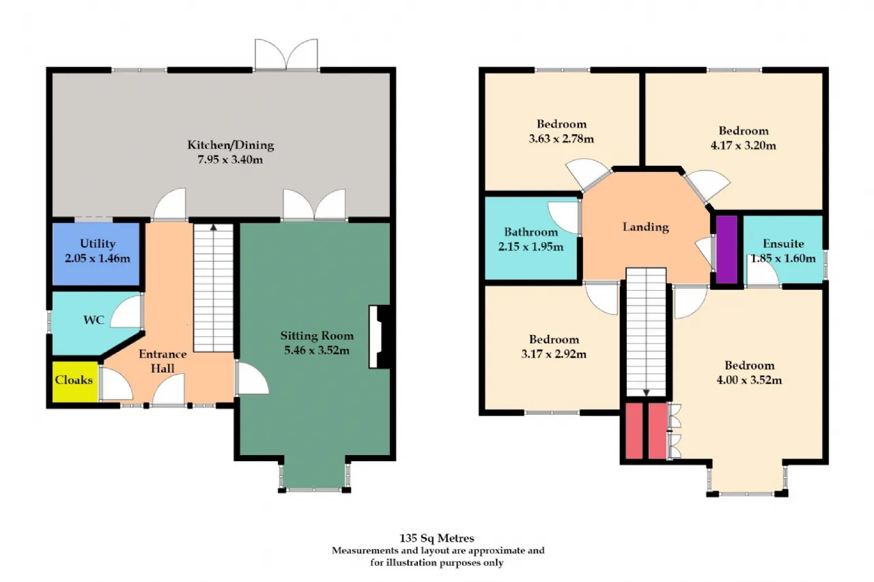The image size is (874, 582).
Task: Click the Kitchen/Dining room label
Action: click(231, 145)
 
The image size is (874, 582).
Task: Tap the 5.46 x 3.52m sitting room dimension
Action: click(317, 350)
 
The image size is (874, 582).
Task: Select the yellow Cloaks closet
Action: click(75, 381)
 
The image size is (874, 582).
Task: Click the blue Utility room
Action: click(96, 254)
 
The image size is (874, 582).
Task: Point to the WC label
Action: click(94, 320)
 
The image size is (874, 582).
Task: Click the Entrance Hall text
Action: click(163, 361)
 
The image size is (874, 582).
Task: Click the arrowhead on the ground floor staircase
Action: click(214, 227)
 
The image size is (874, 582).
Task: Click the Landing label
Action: click(646, 227)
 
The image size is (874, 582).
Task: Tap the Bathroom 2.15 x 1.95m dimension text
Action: click(531, 247)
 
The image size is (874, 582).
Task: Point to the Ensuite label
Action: click(783, 244)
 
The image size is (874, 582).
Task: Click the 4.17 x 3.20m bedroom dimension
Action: click(744, 145)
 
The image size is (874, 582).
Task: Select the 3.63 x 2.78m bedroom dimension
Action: click(561, 139)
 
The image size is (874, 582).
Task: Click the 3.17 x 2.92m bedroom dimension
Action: click(554, 354)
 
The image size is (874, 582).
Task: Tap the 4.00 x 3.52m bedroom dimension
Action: click(749, 379)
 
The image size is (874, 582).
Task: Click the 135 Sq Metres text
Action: click(436, 538)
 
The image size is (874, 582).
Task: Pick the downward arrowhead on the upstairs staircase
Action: click(646, 393)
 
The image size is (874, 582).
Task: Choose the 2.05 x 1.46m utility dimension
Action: click(98, 259)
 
